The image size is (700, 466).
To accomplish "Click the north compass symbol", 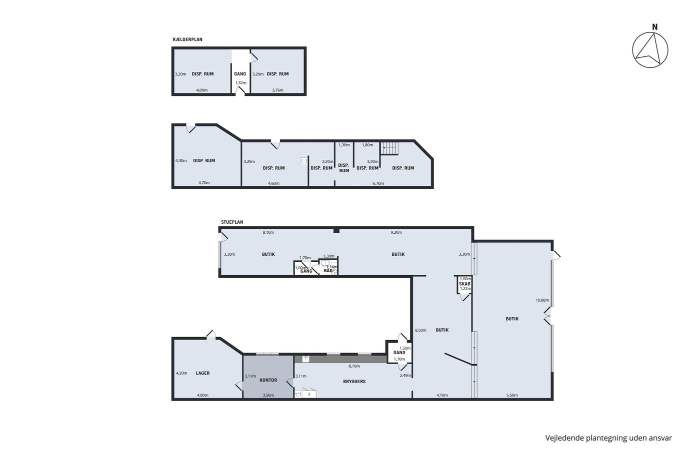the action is point(650,50).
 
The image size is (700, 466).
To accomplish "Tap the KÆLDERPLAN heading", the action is point(187,39).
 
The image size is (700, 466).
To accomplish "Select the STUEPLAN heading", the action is point(232,222).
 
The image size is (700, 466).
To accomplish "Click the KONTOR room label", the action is point(268,380).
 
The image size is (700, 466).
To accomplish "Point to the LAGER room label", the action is point(203,373).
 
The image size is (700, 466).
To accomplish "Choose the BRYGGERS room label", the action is point(354,382).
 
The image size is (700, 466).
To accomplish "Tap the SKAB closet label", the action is point(464,284).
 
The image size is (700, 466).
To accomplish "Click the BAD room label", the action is point(328,271).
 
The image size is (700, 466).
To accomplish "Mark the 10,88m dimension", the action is point(542,300).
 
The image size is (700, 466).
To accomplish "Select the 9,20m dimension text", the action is point(396,232).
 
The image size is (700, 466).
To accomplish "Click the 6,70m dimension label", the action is point(378,183).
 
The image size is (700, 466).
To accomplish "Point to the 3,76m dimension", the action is point(277,90).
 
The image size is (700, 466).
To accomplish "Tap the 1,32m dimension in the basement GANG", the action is point(240,83).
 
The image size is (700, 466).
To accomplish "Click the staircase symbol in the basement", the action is point(389,148).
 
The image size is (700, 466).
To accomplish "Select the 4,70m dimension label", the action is point(204,183).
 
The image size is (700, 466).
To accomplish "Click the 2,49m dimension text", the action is point(405,376).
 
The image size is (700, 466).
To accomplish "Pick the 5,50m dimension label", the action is point(512,395).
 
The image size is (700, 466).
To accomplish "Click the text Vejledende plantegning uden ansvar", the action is point(608,438).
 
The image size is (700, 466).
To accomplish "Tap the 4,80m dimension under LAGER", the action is point(202,395).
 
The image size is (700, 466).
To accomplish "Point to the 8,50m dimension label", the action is point(420,330).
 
